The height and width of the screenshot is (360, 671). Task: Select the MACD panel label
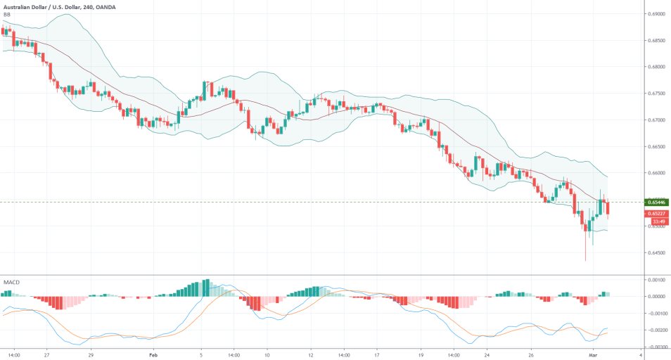11,282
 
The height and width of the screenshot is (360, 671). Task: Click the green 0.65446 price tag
657,202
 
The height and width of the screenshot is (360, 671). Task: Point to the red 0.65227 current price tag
657,212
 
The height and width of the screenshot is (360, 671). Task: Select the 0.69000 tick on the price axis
657,14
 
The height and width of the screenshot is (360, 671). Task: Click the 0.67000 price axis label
657,120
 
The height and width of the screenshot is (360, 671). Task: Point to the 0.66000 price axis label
657,173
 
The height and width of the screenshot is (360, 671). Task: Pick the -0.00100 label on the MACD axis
656,313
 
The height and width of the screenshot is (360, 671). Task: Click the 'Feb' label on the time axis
153,355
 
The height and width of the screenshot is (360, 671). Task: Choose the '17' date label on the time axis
378,355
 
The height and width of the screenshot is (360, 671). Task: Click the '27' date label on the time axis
46,355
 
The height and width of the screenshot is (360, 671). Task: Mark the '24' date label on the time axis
487,355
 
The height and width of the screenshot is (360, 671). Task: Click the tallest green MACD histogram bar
206,288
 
